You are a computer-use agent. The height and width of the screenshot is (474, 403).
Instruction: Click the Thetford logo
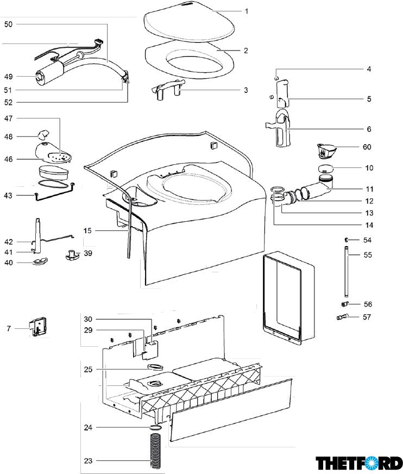point(360,463)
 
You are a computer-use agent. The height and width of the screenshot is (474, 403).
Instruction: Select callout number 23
point(88,461)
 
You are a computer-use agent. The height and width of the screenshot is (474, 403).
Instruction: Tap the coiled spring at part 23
point(156,449)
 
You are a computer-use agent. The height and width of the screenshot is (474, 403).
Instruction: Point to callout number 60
point(367,147)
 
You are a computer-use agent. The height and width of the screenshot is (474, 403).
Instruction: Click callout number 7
point(9,328)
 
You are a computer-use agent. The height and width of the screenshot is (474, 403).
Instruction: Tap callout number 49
point(8,77)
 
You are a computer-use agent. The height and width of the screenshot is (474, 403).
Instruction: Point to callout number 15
point(87,230)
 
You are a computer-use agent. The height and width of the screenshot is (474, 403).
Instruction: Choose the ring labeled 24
point(155,428)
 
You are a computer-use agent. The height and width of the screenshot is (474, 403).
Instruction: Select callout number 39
point(88,253)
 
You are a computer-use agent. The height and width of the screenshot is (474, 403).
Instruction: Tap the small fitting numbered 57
point(342,317)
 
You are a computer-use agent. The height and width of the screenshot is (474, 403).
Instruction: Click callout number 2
point(245,51)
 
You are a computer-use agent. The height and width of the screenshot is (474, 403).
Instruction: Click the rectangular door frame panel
point(288,298)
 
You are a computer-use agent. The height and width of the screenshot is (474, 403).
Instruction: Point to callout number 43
point(9,195)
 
